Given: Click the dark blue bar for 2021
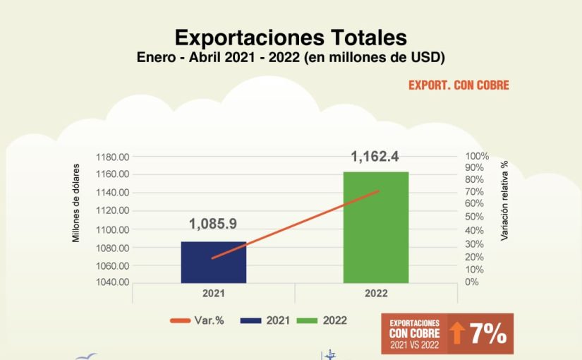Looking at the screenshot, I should pos(214,262).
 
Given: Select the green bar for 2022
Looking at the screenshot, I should pos(376,227).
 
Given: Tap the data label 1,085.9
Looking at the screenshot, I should pos(212,224).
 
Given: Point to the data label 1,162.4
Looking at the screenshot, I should pos(375,157).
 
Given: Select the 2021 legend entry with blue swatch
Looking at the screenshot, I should pos(265,320).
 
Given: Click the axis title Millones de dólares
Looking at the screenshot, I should pos(76,205).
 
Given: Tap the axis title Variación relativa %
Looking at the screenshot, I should pos(505,200).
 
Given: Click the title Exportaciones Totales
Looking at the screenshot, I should pos(291,37).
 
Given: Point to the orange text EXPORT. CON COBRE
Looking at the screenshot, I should pos(459,85).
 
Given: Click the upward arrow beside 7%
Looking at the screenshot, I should pos(457,334).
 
